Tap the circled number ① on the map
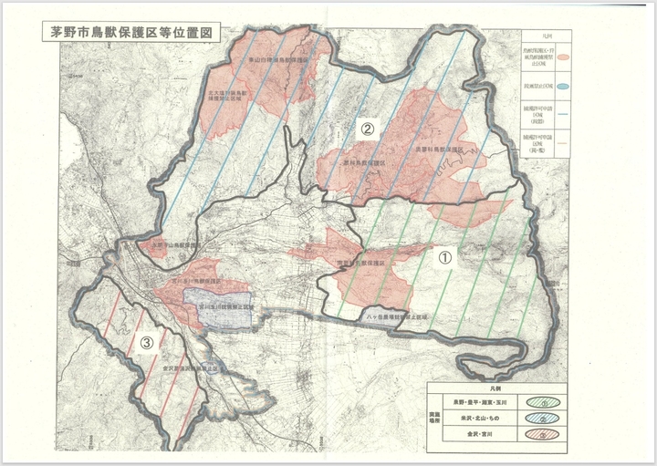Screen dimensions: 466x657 [x=445, y=258]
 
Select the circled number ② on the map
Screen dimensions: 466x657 [x=367, y=129]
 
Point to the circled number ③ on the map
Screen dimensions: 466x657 [x=146, y=344]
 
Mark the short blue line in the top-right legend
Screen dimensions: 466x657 [x=565, y=114]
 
